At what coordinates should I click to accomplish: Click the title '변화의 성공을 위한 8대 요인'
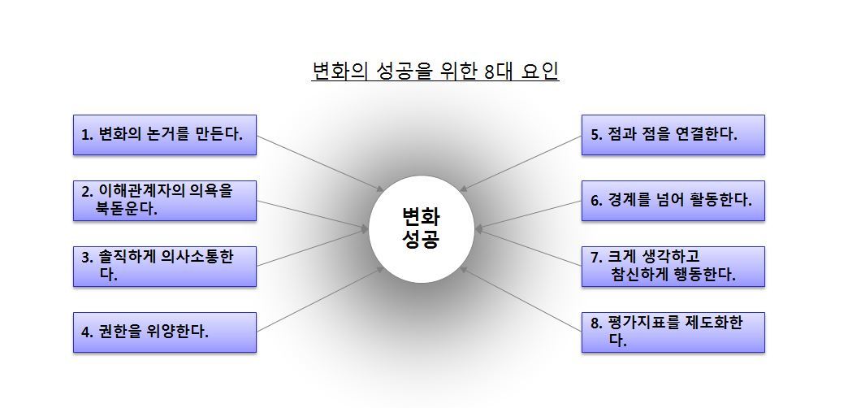coord(435,72)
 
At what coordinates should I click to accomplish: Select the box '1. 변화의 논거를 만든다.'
coord(165,135)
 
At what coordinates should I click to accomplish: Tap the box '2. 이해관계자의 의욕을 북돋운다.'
coord(165,200)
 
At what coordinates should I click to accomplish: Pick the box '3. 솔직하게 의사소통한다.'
coord(165,266)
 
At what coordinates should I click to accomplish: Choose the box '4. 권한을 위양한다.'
coord(165,332)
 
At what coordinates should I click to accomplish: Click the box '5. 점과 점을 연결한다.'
coord(673,135)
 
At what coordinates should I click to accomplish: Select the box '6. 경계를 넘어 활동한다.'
coord(673,200)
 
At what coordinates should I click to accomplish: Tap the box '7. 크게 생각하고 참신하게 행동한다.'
coord(673,266)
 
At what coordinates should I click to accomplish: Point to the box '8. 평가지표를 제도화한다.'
coord(673,332)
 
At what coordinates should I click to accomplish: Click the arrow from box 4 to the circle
coord(321,300)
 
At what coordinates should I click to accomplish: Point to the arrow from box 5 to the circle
coord(521,163)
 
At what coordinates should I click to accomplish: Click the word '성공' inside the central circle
coord(421,241)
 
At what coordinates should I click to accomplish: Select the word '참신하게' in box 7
coord(638,275)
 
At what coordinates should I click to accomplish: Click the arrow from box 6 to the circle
coord(530,215)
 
